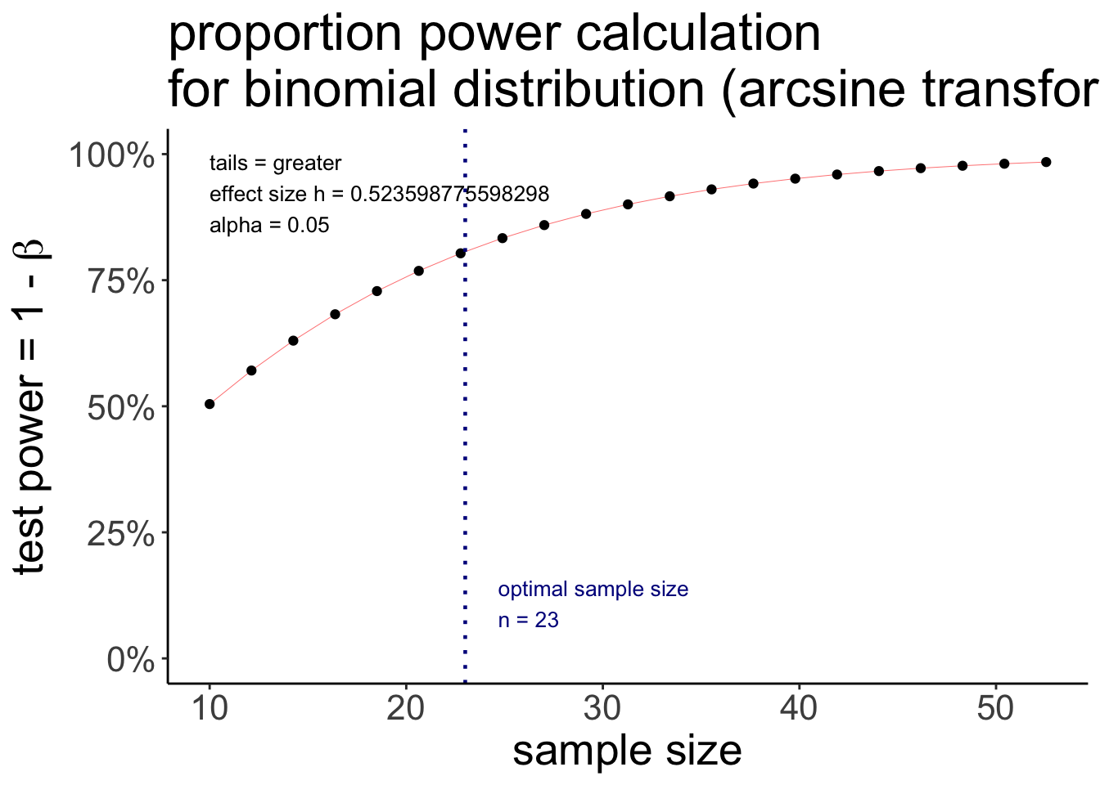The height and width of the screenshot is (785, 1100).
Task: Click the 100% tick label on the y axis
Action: point(111,155)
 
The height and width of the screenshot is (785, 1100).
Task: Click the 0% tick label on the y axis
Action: point(130,659)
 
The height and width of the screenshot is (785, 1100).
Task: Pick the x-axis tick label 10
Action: point(210,708)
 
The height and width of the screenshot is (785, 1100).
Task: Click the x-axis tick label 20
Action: point(406,708)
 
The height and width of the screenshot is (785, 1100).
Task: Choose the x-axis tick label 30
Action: point(602,708)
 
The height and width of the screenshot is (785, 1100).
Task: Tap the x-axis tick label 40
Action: point(799,708)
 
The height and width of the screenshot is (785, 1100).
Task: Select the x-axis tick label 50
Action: point(995,708)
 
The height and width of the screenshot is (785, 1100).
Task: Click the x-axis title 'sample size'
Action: point(627,751)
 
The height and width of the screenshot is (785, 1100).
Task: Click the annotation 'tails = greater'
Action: point(275,164)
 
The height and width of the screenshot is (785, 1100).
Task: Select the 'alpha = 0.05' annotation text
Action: point(269,226)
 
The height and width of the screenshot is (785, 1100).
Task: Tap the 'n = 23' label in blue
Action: point(528,621)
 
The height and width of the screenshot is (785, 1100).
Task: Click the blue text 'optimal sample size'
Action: point(593,590)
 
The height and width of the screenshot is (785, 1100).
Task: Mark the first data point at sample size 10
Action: point(210,404)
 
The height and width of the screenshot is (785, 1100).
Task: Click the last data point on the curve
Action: point(1046,162)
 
